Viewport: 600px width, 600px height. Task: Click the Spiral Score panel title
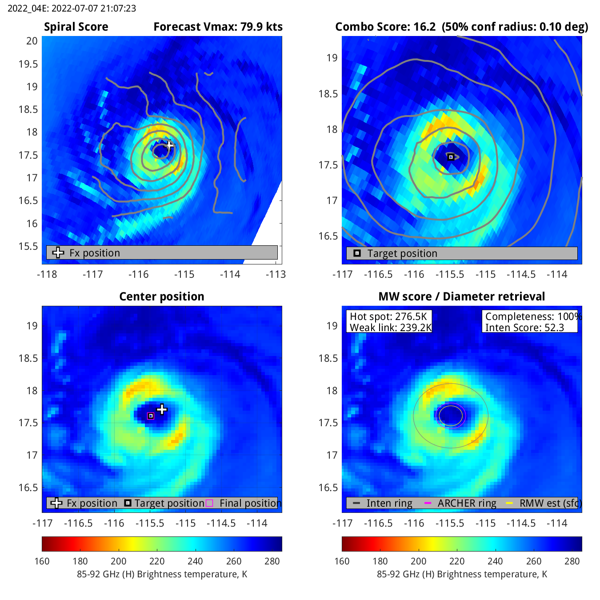tap(76, 27)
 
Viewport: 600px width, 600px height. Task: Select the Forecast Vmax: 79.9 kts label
tap(218, 27)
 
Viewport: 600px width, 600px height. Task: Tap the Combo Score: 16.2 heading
tap(385, 27)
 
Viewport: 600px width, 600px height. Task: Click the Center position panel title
tap(162, 296)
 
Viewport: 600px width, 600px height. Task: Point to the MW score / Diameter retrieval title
tap(461, 296)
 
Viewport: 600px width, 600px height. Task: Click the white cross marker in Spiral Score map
tap(169, 145)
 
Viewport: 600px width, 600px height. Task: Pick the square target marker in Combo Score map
tap(451, 157)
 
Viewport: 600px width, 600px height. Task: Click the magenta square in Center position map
tap(151, 416)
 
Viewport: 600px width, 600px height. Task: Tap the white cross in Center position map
tap(162, 409)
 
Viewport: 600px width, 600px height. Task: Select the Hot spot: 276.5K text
tap(388, 316)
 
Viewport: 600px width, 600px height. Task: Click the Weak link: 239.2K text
tap(391, 328)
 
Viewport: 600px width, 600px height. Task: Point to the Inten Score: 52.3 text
tap(524, 328)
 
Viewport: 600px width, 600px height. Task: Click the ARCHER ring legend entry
tap(467, 503)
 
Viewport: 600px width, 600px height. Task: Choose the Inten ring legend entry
tap(389, 503)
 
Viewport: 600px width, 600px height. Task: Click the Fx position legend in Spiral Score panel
tap(94, 253)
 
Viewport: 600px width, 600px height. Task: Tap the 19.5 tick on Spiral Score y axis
tap(28, 64)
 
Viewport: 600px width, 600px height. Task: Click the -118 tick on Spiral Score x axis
tap(47, 274)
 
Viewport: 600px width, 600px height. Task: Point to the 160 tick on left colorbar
tap(42, 561)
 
